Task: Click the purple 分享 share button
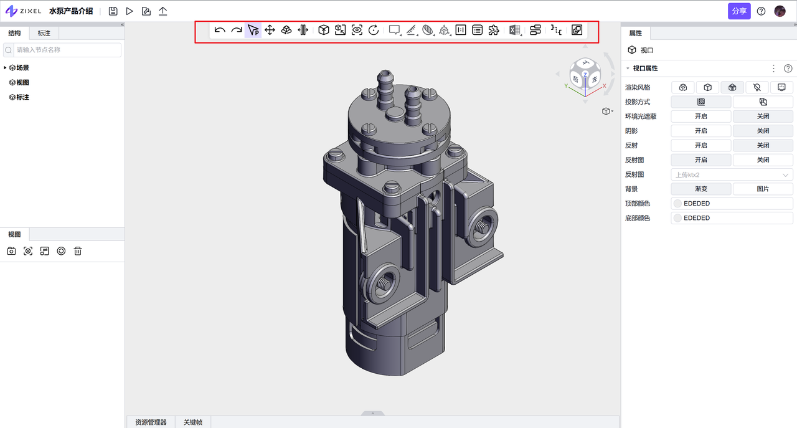pos(739,11)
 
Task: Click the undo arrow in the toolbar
pos(220,30)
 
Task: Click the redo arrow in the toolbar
pos(237,30)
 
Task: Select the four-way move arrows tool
pos(270,30)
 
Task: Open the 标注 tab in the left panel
pos(44,33)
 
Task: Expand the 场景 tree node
pos(5,68)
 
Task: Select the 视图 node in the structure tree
pos(22,83)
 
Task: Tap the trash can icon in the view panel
pos(78,251)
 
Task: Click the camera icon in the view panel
pos(11,251)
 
